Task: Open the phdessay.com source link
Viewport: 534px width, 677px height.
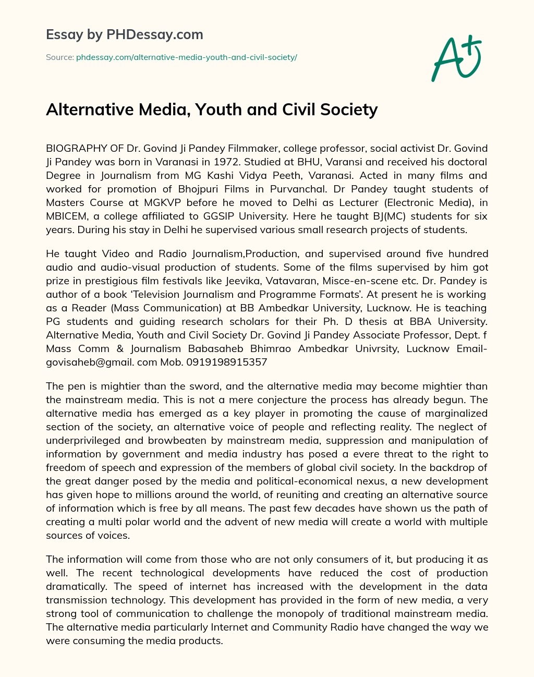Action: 186,57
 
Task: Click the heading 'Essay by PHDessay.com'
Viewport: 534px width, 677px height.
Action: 125,34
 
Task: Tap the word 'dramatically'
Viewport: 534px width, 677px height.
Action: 75,587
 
